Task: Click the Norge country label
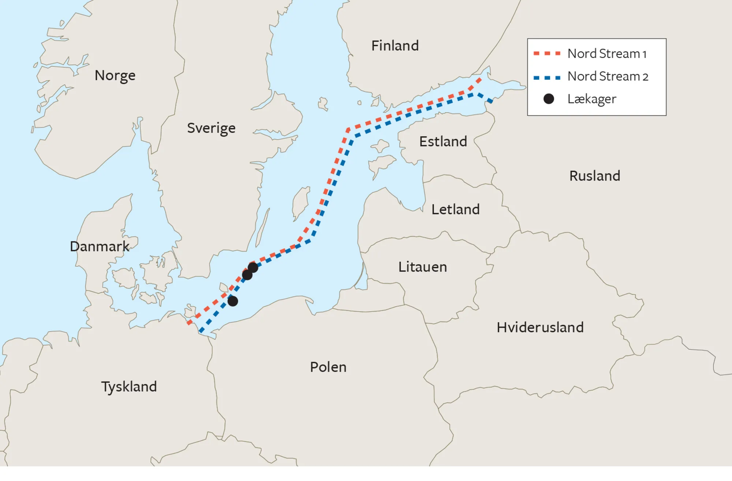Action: (115, 75)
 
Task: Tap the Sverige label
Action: (211, 128)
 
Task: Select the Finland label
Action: (395, 46)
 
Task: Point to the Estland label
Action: (443, 141)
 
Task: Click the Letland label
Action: (455, 210)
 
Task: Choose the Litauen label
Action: (422, 267)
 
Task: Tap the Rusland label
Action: (594, 176)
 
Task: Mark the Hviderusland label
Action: (540, 328)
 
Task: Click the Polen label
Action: (328, 367)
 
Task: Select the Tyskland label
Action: (129, 387)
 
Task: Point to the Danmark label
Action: (100, 247)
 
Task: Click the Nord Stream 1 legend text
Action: (607, 54)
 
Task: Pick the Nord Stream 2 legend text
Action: (608, 77)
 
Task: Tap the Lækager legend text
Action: (591, 99)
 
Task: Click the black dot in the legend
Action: (548, 99)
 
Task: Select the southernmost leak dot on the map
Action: (233, 301)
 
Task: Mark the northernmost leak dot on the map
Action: (253, 267)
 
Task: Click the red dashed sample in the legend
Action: (547, 54)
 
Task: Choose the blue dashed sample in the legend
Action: (547, 78)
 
